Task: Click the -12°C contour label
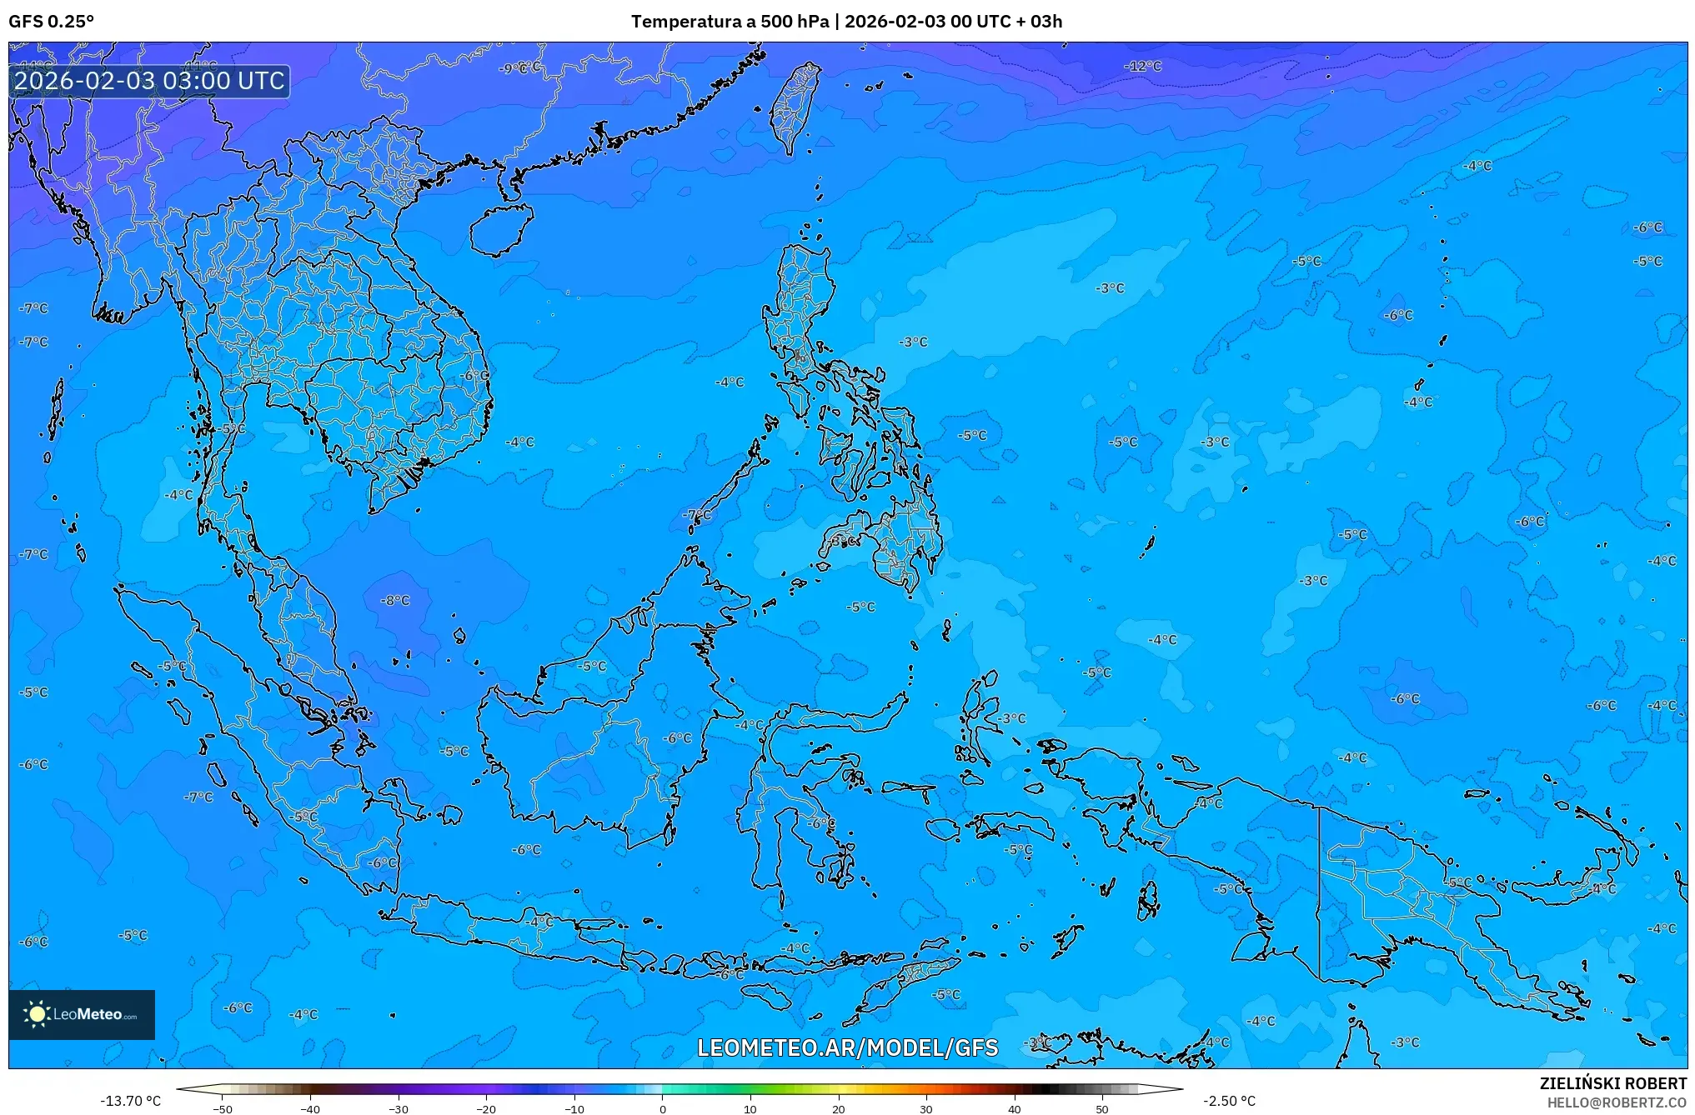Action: (1142, 66)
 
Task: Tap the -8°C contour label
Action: (395, 600)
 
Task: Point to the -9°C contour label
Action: (519, 67)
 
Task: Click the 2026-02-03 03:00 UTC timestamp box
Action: (149, 81)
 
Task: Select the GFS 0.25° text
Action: (51, 22)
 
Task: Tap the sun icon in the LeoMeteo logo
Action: (37, 1014)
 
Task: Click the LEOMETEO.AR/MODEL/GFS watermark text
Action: (847, 1047)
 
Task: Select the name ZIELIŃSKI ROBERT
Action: (1612, 1083)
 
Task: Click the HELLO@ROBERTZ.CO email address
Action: (1617, 1102)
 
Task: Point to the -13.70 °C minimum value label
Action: (130, 1101)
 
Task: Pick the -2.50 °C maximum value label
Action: (1229, 1101)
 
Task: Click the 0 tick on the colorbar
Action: (663, 1108)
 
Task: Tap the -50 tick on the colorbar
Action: (223, 1108)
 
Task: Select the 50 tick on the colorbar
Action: (1102, 1108)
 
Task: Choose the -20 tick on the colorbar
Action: (486, 1108)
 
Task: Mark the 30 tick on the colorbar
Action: (926, 1108)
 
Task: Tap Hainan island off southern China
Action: (500, 227)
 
